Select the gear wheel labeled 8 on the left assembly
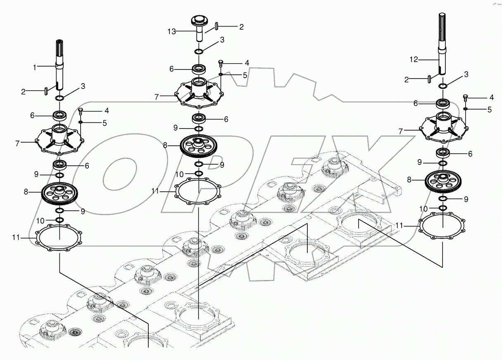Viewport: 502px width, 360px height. tap(60, 193)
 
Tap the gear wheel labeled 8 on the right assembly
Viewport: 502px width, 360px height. tap(443, 180)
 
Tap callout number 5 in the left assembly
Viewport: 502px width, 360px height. tap(105, 123)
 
